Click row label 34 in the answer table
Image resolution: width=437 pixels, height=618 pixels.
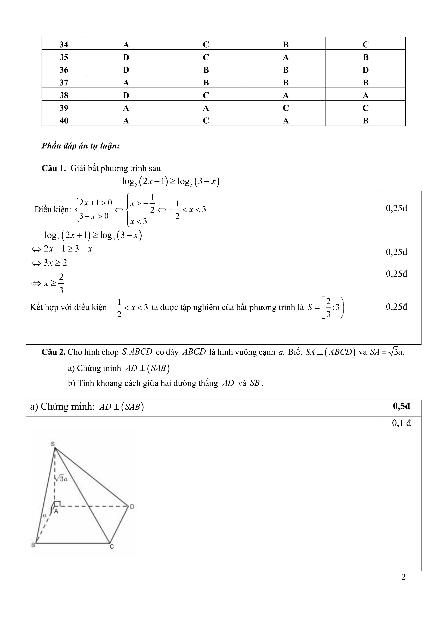pos(64,44)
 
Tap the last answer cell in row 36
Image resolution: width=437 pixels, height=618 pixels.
pos(365,70)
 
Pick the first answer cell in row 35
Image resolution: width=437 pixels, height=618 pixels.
pos(126,57)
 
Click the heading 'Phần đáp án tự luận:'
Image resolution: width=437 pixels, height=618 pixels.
pos(80,146)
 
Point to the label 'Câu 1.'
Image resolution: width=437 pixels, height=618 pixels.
pos(54,169)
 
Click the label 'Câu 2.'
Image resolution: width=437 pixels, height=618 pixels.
pos(53,352)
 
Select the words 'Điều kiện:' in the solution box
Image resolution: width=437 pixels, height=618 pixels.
pos(52,209)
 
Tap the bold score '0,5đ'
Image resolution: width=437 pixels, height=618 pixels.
pos(401,406)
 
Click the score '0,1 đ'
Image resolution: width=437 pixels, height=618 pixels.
pos(401,423)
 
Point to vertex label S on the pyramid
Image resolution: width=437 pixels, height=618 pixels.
pos(53,444)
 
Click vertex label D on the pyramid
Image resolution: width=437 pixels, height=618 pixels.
pos(132,507)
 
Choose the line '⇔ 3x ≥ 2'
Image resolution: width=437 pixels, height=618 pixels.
pos(49,263)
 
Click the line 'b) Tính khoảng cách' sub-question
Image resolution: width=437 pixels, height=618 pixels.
pos(166,383)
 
